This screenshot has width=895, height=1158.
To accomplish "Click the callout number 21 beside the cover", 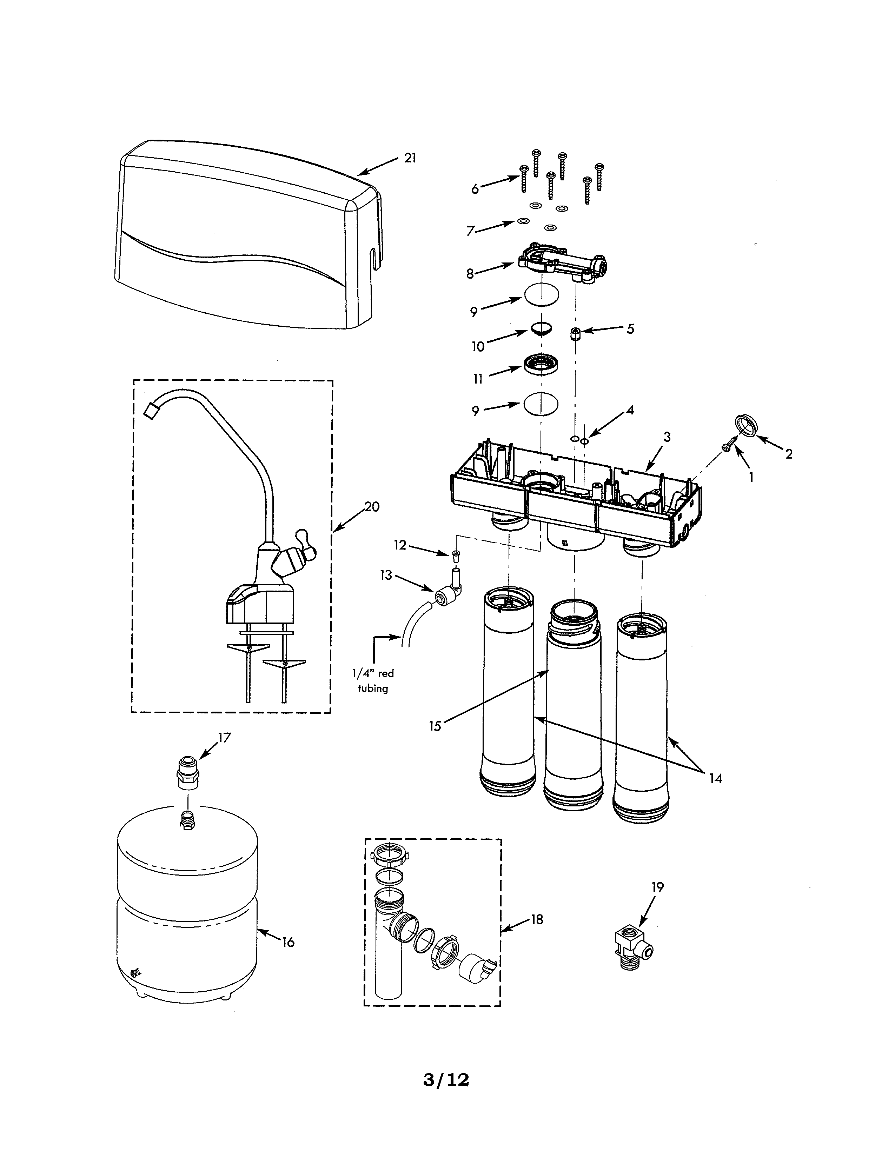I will pyautogui.click(x=410, y=158).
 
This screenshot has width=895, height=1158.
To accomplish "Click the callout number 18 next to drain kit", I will pyautogui.click(x=537, y=919).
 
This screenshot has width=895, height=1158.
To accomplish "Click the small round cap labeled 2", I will pyautogui.click(x=747, y=426).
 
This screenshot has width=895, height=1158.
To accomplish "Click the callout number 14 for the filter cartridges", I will pyautogui.click(x=715, y=778).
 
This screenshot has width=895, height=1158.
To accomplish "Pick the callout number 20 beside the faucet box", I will pyautogui.click(x=372, y=507).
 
